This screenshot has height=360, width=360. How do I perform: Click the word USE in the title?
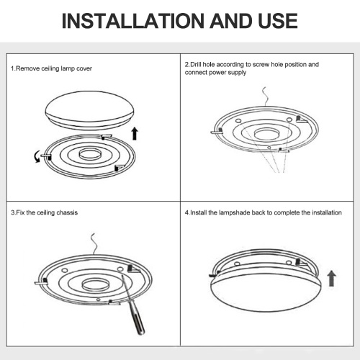278,21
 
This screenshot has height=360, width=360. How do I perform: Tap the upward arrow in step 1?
135,134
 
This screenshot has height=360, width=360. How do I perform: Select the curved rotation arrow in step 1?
37,156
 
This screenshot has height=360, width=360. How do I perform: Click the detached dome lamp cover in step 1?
90,110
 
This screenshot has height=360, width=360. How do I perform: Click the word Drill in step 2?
197,65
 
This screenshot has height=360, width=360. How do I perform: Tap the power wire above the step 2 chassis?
265,96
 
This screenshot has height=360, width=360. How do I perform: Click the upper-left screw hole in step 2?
238,121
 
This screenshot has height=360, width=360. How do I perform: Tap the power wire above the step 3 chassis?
94,244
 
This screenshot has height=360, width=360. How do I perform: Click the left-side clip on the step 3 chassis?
41,282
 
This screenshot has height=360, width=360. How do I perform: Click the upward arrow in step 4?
332,279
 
